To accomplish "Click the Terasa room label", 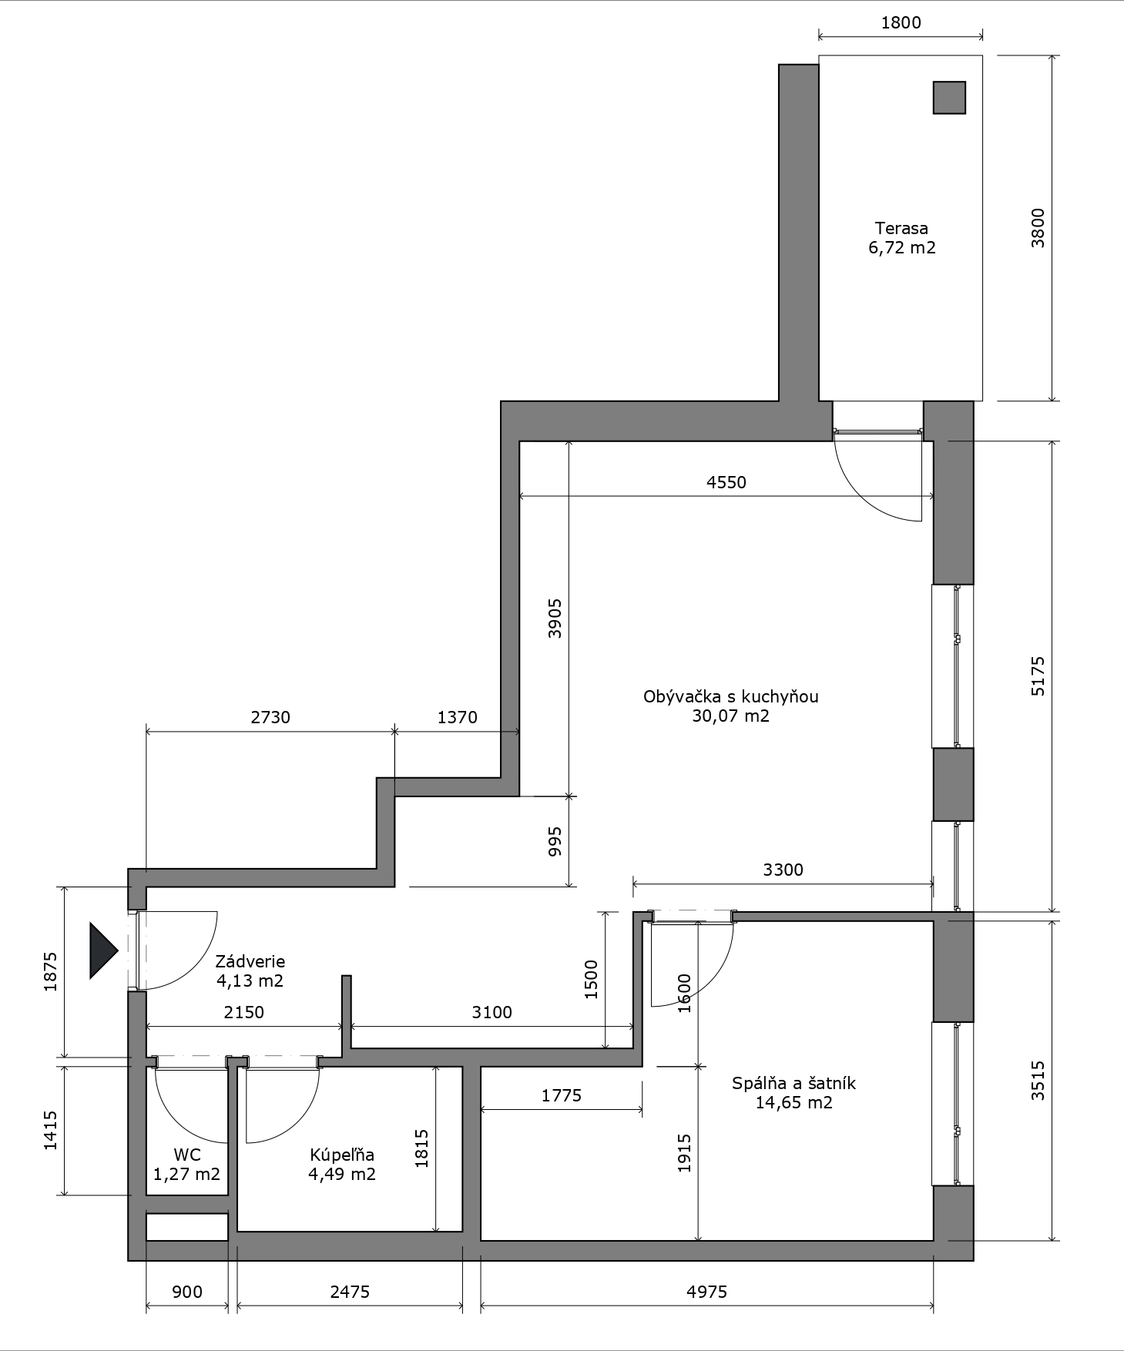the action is coord(901,228).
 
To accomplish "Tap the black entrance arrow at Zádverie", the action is coord(104,950).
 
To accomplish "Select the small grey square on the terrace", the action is coord(949,98).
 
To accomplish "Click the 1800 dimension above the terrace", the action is coord(901,22).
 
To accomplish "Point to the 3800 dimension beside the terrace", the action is coord(1038,228).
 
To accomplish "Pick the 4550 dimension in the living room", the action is coord(726,482).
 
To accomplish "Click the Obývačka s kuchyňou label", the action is coord(730,696).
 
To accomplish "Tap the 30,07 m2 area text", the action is coord(730,716).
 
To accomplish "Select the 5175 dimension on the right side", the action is coord(1038,676).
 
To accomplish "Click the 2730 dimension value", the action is coord(270,717).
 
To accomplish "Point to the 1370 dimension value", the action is coord(458,717).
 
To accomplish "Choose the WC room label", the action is coord(187,1155).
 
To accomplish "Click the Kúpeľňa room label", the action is coord(342,1155).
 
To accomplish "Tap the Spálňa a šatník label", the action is coord(794,1083).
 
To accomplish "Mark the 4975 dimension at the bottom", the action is coord(706,1292).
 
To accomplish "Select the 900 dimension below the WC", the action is coord(187,1292).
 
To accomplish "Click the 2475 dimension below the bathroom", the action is coord(350,1292).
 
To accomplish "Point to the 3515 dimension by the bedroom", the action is coord(1038,1081).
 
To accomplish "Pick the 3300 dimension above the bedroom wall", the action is coord(783,870).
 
